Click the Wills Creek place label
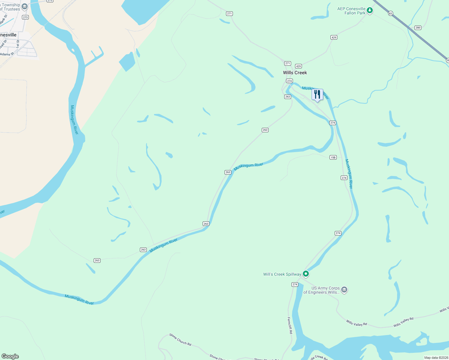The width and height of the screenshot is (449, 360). [295, 73]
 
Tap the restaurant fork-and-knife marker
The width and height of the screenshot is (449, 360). [317, 94]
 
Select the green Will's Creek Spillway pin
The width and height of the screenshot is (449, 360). [306, 274]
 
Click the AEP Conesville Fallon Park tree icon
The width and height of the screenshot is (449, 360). [370, 11]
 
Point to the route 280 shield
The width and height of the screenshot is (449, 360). [418, 28]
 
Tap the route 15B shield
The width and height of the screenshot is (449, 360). [333, 157]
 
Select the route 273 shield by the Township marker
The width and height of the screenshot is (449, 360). [25, 17]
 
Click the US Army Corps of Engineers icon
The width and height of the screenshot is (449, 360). [344, 290]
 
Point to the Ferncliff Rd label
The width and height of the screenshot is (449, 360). [290, 325]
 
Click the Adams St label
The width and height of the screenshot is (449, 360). [7, 54]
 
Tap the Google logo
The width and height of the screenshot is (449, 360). [10, 356]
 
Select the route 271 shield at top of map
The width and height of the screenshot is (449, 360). [229, 13]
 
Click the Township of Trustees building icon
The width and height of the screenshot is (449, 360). [25, 6]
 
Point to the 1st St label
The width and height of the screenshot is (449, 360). [18, 44]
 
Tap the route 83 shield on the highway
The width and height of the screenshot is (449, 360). [390, 13]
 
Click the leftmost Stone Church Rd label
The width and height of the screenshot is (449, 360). [180, 340]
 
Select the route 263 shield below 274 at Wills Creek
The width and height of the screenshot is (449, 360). [288, 97]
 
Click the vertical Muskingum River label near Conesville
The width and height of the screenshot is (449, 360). [74, 120]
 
